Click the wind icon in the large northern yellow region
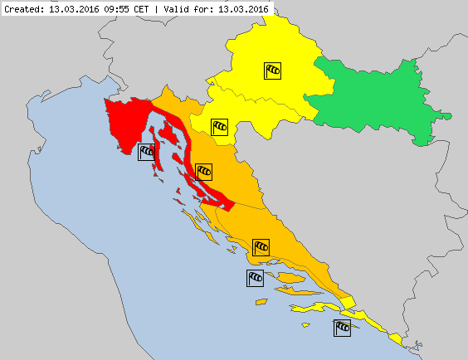point(273,71)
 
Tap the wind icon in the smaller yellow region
point(219,126)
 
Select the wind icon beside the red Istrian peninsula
point(147,151)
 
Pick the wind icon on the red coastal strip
point(203,172)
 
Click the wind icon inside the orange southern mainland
point(261,246)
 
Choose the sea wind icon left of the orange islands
point(255,278)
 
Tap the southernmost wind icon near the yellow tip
point(341,328)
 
